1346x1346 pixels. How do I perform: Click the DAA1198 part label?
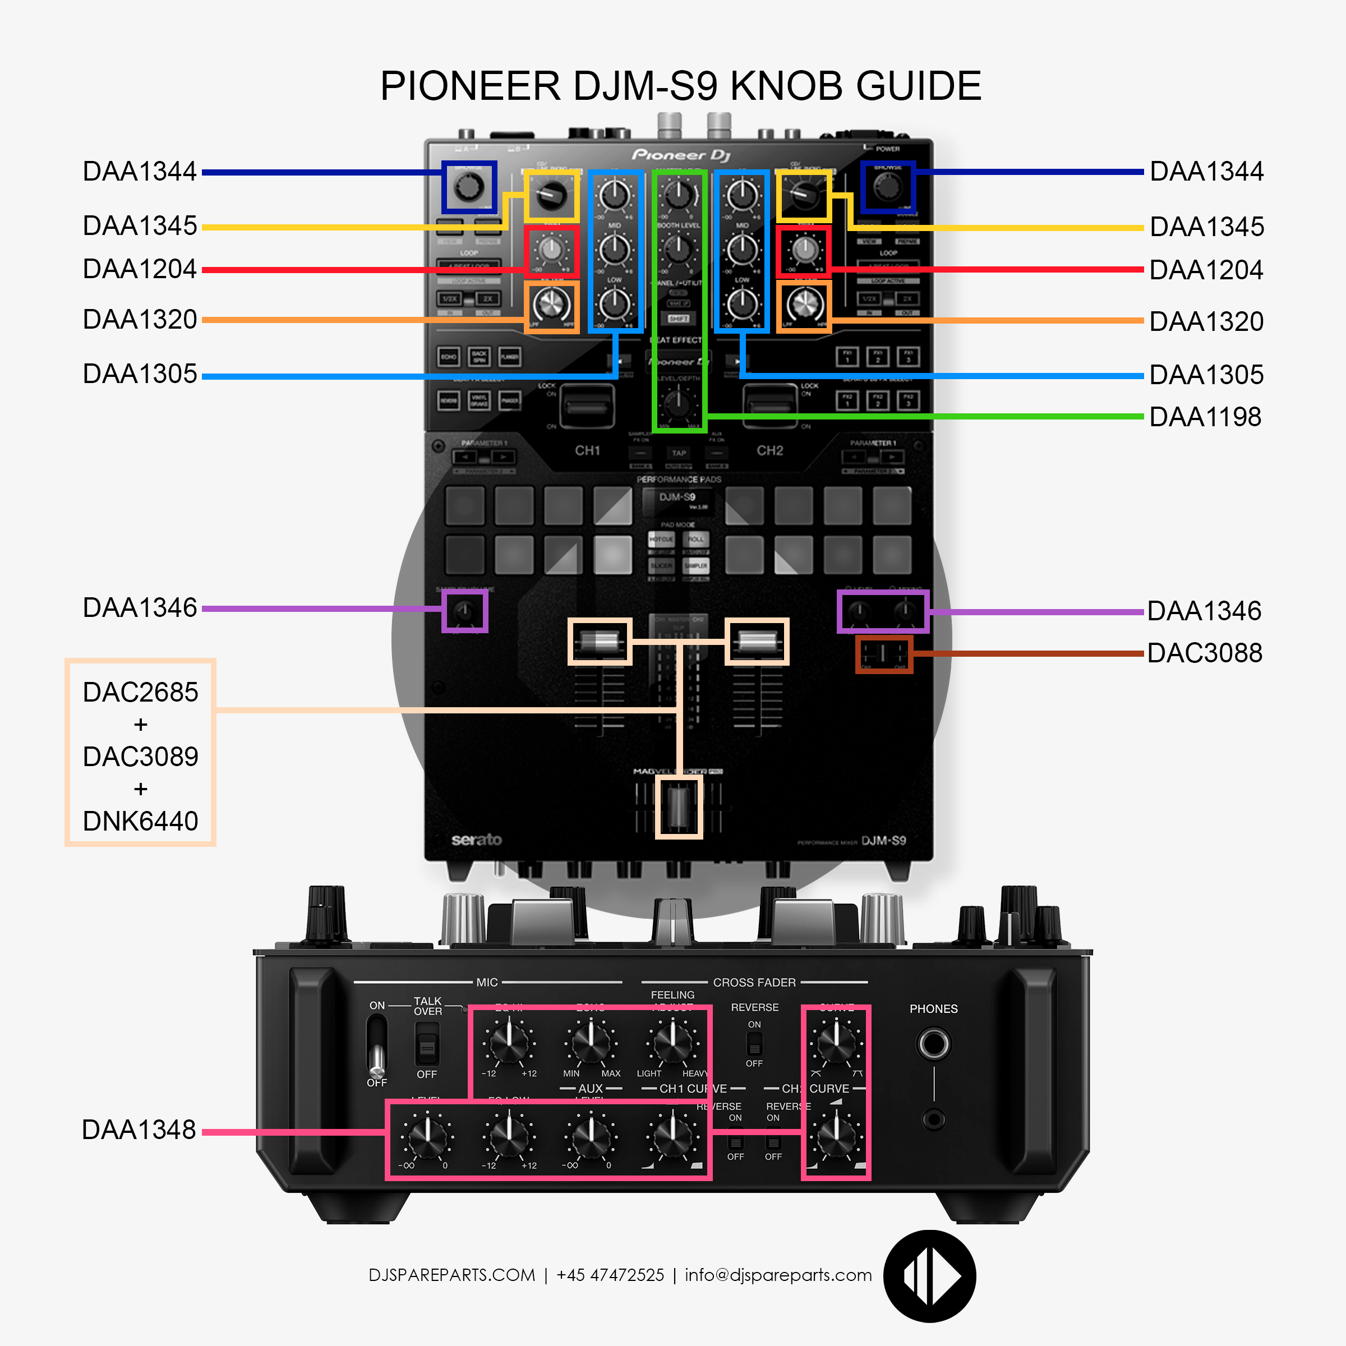pyautogui.click(x=1205, y=417)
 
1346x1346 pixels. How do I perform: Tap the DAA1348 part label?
pyautogui.click(x=139, y=1130)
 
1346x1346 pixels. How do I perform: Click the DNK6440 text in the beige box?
pyautogui.click(x=140, y=820)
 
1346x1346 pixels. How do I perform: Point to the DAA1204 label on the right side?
pyautogui.click(x=1205, y=270)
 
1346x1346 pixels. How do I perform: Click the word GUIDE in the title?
pyautogui.click(x=918, y=86)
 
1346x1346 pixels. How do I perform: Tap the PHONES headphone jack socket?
pyautogui.click(x=934, y=1044)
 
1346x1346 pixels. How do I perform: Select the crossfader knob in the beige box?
pyautogui.click(x=679, y=807)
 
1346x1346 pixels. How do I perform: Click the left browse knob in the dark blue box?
pyautogui.click(x=468, y=187)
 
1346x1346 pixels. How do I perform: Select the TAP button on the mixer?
pyautogui.click(x=679, y=453)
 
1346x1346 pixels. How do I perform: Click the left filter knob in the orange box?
pyautogui.click(x=551, y=306)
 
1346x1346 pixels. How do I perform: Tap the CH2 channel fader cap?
pyautogui.click(x=757, y=641)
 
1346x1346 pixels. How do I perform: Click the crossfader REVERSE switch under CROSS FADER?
pyautogui.click(x=754, y=1044)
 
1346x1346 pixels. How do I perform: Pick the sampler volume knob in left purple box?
pyautogui.click(x=464, y=612)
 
